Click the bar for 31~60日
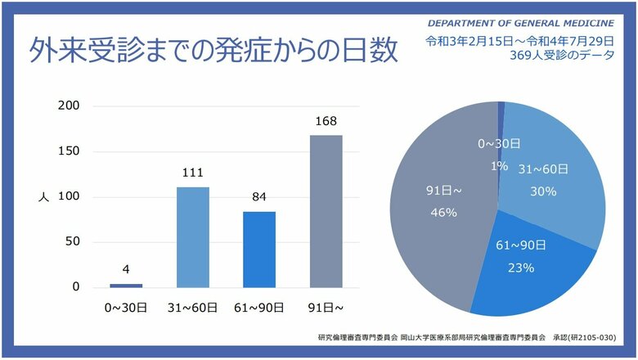[x=193, y=237]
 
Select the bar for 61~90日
[x=259, y=250]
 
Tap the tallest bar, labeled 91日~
[x=326, y=211]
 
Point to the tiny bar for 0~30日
[x=126, y=286]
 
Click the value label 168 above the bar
[x=326, y=122]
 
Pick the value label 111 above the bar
[x=193, y=173]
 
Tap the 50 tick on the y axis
[x=72, y=241]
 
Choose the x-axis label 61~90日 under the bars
[x=259, y=308]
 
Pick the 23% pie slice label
[x=520, y=267]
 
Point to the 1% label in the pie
[x=498, y=165]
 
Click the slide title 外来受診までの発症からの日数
[x=213, y=51]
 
